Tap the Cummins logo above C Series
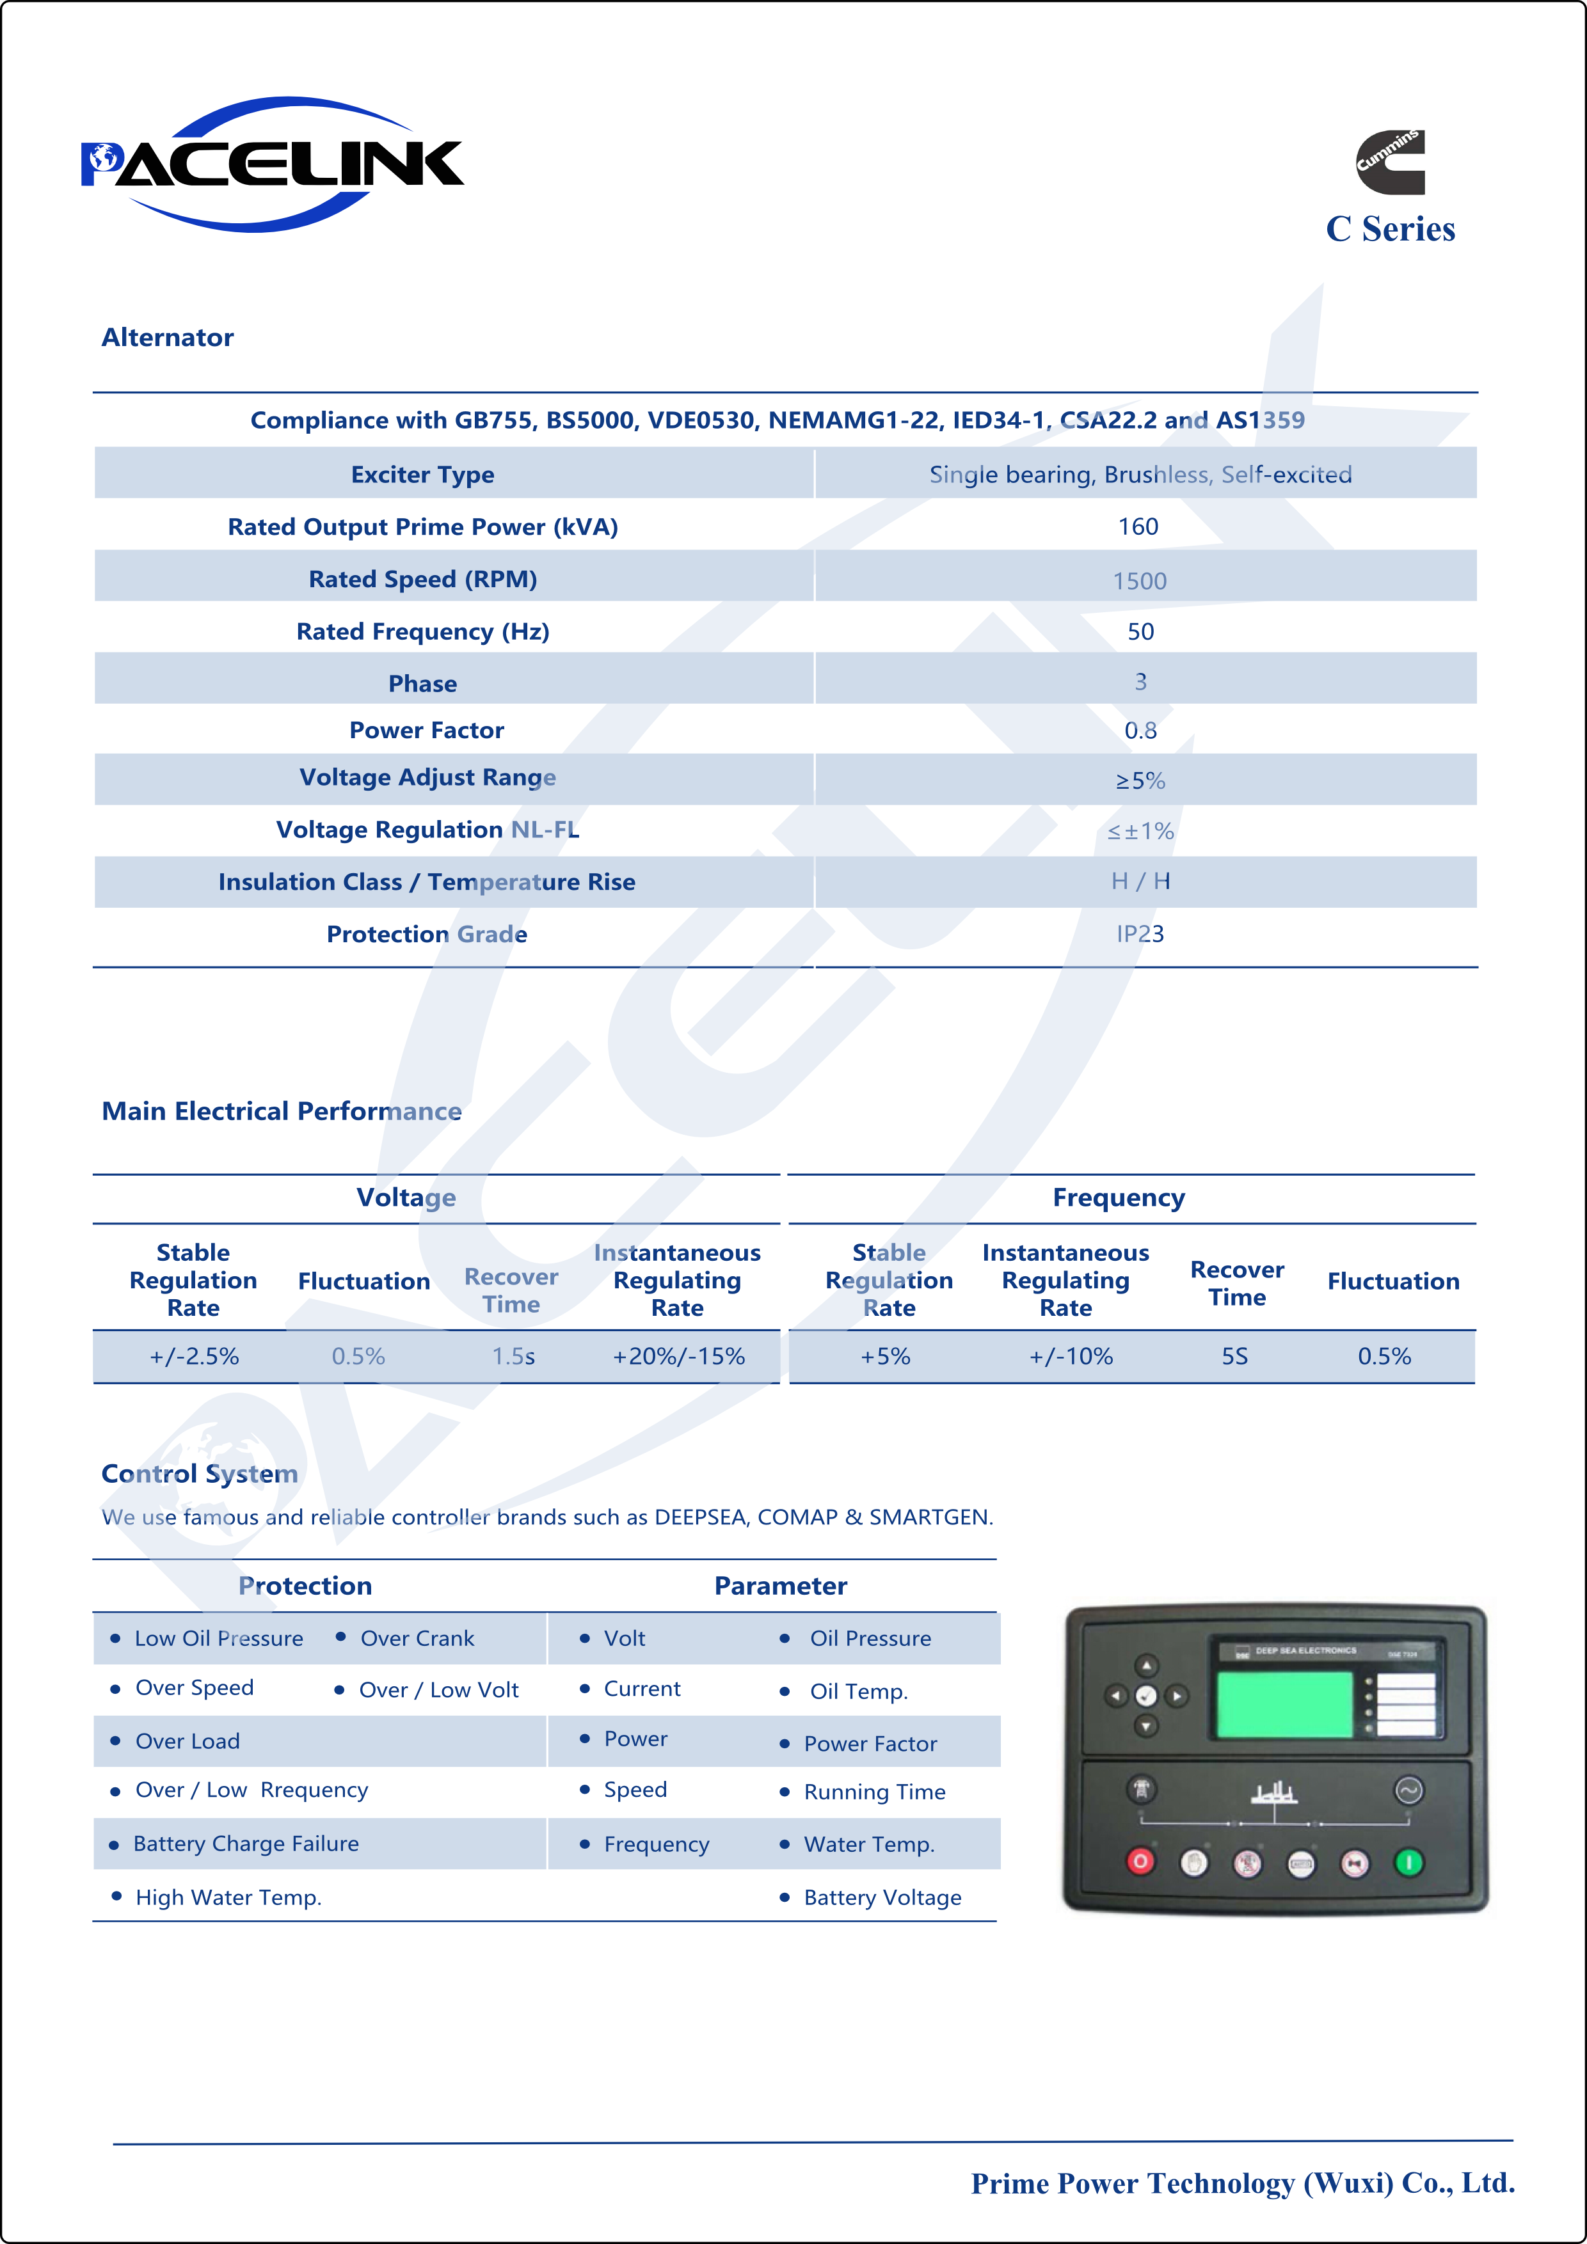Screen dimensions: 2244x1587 (x=1389, y=161)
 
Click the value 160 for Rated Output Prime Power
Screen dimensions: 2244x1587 (x=1138, y=527)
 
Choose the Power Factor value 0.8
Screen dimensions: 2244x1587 (x=1140, y=730)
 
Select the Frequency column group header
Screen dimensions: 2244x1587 (x=1119, y=1197)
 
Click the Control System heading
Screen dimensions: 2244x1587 (x=200, y=1473)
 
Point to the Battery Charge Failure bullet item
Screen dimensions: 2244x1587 (x=246, y=1844)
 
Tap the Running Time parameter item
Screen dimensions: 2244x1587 (x=874, y=1792)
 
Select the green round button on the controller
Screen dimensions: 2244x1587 (x=1408, y=1863)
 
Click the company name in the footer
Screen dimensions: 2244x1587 (x=1242, y=2183)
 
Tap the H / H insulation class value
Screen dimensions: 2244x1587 (x=1140, y=881)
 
